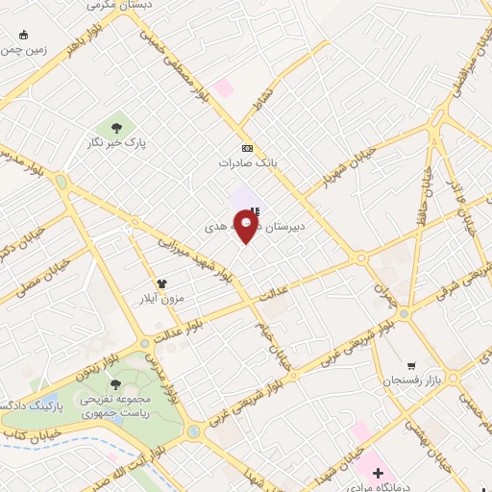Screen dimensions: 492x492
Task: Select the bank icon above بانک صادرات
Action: [248, 148]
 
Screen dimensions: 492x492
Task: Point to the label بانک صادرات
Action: [248, 163]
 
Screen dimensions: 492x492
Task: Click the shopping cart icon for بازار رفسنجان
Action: [412, 365]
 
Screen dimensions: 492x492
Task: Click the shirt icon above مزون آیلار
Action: [161, 283]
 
